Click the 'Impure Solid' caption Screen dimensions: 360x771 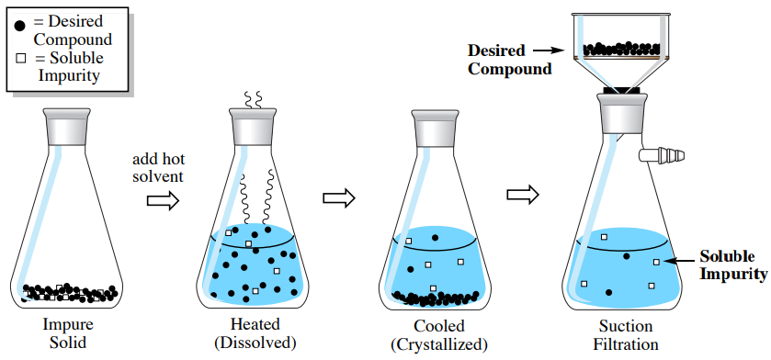(67, 334)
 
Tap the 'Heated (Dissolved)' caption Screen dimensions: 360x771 (255, 334)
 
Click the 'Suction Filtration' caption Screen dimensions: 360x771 (626, 334)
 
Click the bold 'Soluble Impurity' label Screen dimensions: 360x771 (732, 264)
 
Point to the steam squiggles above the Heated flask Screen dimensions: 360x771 (254, 98)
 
